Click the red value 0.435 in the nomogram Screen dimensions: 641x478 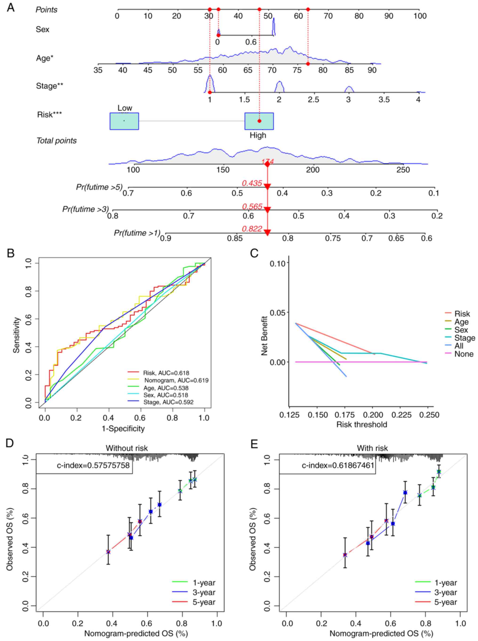(x=252, y=183)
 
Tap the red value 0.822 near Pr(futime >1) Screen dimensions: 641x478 (x=252, y=229)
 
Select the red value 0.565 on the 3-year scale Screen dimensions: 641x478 (x=252, y=206)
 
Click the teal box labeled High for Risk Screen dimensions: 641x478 (x=259, y=121)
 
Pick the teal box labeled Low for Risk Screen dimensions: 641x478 (x=124, y=121)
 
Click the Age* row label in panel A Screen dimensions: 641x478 (x=44, y=58)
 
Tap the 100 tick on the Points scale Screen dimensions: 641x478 (x=420, y=16)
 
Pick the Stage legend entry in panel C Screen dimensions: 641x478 (x=464, y=338)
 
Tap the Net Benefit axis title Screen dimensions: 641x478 (x=264, y=335)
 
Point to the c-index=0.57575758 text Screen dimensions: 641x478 (x=93, y=465)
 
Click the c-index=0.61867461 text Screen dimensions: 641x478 (x=338, y=465)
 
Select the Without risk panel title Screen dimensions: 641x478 (x=127, y=448)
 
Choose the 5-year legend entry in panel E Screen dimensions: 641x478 (x=446, y=602)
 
